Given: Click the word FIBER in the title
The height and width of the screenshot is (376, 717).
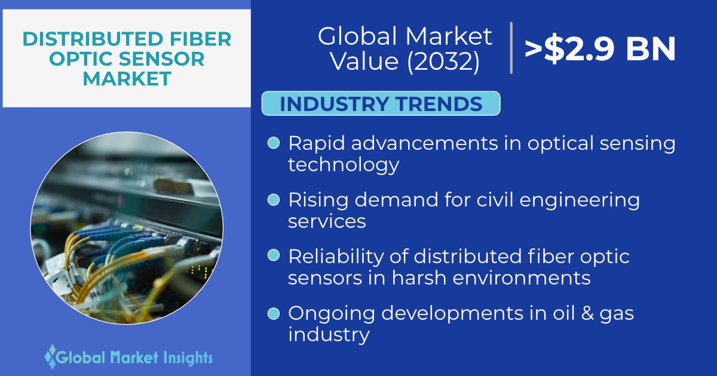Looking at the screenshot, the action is click(200, 39).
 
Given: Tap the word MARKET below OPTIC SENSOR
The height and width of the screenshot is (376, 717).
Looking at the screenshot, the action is click(127, 79).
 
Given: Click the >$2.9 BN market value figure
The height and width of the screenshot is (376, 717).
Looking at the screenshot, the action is click(600, 49).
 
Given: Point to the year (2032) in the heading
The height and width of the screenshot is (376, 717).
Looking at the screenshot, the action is click(443, 61).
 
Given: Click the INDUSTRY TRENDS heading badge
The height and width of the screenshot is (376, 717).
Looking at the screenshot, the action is click(381, 104).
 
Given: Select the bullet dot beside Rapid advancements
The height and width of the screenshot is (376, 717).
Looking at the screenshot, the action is click(274, 143).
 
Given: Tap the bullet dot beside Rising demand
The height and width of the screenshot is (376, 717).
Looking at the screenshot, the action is click(274, 199).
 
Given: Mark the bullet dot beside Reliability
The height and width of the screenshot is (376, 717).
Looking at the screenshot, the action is click(274, 255).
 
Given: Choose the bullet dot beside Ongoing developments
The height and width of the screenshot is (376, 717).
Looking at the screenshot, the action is click(274, 313).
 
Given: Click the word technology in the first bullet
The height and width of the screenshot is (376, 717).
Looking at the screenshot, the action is click(344, 165).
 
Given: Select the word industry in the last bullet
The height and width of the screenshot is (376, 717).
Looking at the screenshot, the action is click(329, 335).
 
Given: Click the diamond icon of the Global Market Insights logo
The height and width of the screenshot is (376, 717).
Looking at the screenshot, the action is click(51, 357).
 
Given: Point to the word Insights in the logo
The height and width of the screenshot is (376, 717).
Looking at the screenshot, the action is click(188, 358).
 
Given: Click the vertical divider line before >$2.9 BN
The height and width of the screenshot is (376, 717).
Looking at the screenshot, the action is click(511, 48).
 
